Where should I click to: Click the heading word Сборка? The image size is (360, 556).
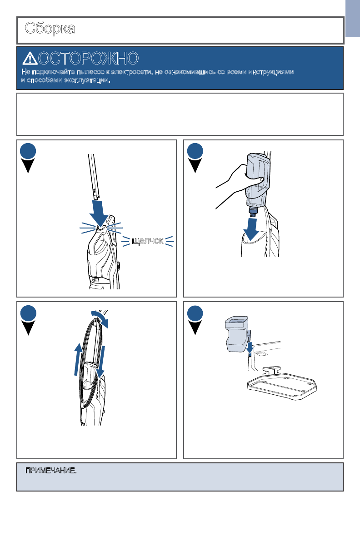[x=50, y=28]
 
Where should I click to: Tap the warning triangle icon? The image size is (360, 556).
[x=30, y=59]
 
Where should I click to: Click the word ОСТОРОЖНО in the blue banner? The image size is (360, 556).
[x=89, y=58]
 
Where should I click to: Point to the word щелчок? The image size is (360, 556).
[x=148, y=241]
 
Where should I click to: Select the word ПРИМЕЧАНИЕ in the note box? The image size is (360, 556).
[x=51, y=470]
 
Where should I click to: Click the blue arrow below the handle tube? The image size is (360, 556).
[x=99, y=213]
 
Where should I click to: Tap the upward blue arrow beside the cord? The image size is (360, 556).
[x=78, y=360]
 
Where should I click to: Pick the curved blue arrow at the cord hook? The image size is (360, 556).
[x=100, y=319]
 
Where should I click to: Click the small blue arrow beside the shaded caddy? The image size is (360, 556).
[x=250, y=347]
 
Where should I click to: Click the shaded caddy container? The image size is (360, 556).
[x=236, y=334]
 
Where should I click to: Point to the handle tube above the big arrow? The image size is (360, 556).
[x=94, y=176]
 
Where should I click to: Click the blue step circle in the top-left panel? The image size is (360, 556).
[x=28, y=151]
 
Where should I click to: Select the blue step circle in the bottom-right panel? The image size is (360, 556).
[x=195, y=313]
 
